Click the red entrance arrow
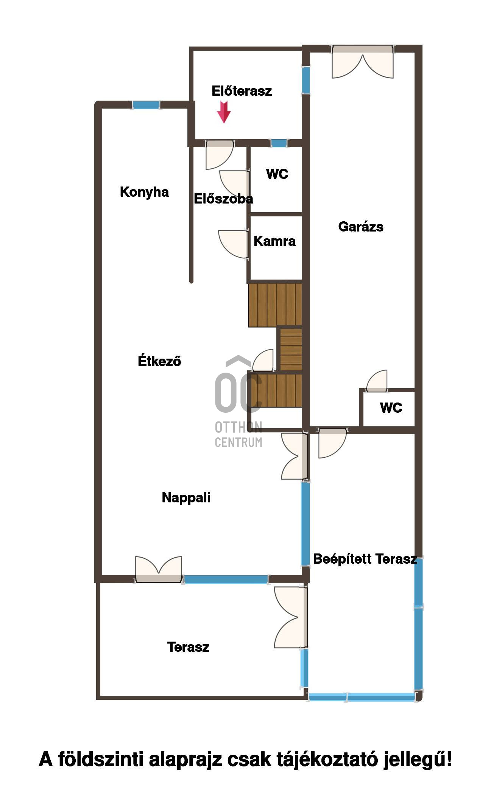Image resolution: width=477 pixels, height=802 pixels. [224, 112]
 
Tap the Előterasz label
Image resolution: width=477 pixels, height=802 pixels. [242, 91]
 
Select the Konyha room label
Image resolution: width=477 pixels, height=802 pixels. [144, 192]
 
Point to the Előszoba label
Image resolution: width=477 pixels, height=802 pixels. [223, 199]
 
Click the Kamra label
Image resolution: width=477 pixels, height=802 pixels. [274, 241]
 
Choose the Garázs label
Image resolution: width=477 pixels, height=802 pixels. [361, 227]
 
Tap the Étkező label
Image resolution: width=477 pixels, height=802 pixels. [159, 361]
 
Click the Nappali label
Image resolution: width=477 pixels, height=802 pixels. [186, 498]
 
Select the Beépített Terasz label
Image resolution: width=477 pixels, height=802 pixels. [365, 559]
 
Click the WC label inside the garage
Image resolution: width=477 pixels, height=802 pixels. [391, 408]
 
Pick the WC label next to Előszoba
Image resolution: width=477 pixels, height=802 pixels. [277, 174]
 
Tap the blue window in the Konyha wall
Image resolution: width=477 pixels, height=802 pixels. [146, 105]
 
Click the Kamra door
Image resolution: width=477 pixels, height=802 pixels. [234, 244]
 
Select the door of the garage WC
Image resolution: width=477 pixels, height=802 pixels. [377, 381]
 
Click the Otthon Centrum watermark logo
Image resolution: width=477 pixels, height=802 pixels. [238, 401]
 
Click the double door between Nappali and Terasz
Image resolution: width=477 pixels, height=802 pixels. [159, 569]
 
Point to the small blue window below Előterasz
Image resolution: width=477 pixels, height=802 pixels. [279, 143]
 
